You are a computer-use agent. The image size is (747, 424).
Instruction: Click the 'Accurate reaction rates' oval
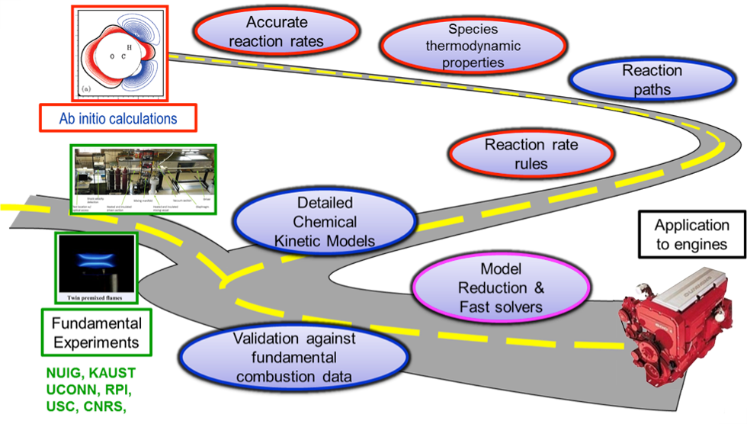click(275, 31)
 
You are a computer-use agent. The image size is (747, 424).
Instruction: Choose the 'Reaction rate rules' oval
click(531, 153)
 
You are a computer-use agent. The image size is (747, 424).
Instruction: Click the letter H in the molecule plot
click(130, 47)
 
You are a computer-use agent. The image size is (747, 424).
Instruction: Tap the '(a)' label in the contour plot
click(85, 90)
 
